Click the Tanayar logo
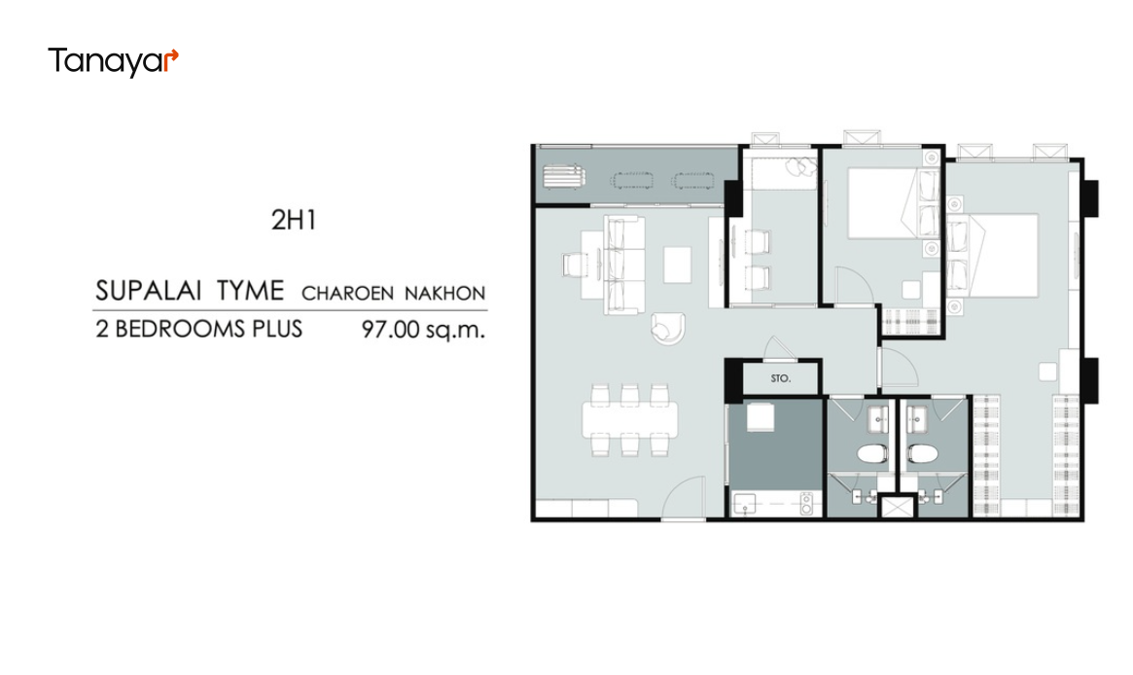(113, 61)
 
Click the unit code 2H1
(294, 221)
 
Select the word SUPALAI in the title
(147, 291)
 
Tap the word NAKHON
(444, 294)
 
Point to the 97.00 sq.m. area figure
(423, 330)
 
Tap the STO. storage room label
(780, 378)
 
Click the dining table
(630, 420)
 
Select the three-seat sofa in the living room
(624, 265)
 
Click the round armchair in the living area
(668, 328)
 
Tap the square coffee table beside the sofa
(677, 265)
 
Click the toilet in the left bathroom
(872, 454)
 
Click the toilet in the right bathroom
(923, 454)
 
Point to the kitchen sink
(745, 504)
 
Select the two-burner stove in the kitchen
(806, 504)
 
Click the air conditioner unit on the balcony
(564, 177)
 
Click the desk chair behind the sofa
(575, 265)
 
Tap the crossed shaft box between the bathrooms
(897, 506)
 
